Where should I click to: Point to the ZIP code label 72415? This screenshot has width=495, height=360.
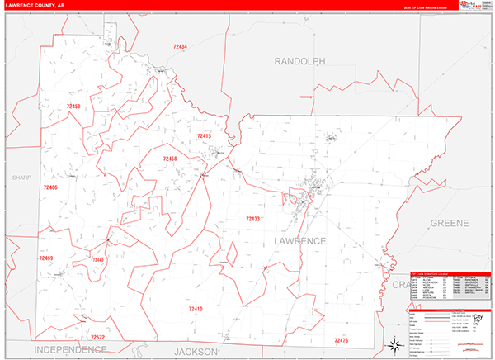coord(205,135)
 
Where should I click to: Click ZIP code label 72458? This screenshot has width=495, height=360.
coord(170,159)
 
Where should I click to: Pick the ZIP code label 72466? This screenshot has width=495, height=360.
coord(50,187)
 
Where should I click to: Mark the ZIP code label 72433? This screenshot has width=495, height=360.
coord(252,219)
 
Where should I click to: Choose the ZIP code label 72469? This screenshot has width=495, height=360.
coord(45,258)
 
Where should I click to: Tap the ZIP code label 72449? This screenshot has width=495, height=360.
coord(97,260)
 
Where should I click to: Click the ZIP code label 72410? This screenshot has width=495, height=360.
coord(196,308)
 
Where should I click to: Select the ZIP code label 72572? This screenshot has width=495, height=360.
coord(97,337)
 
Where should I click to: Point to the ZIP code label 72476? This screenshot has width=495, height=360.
coord(342,340)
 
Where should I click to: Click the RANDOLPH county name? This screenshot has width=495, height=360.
coord(299,61)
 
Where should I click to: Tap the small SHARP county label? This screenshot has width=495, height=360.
coord(21,178)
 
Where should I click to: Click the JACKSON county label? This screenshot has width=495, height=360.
coord(194,352)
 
